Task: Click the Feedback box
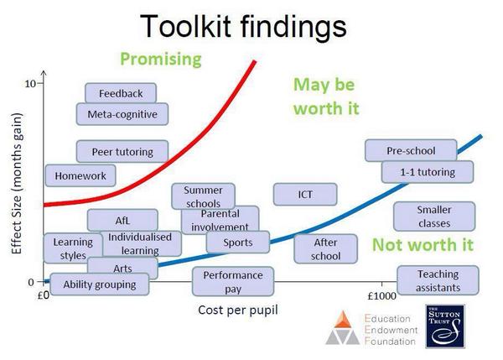[121, 93]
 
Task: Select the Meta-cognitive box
[122, 113]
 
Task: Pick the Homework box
[80, 176]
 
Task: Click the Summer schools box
[203, 196]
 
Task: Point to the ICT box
[305, 195]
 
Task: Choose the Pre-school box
[411, 151]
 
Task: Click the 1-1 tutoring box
[428, 172]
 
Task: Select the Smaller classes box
[434, 217]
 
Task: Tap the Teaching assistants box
[438, 280]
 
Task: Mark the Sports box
[238, 243]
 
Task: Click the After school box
[325, 248]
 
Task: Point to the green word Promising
[161, 59]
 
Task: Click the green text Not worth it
[417, 246]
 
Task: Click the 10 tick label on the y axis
[30, 84]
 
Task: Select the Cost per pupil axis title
[238, 310]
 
